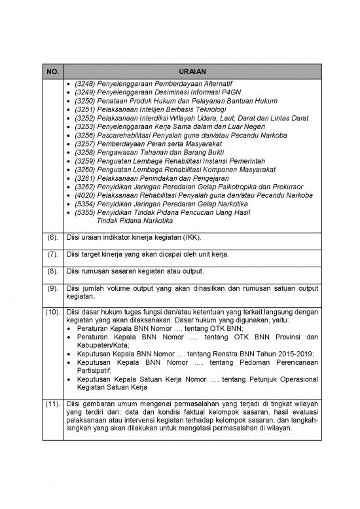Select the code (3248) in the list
84,85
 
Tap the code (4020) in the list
84,195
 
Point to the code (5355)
84,212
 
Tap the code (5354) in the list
84,204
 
